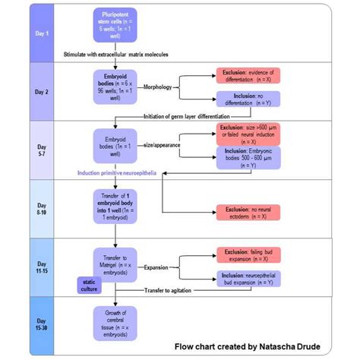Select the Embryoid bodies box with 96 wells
114,84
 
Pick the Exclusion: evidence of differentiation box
248,76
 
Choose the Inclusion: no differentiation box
248,99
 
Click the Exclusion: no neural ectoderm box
248,212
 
